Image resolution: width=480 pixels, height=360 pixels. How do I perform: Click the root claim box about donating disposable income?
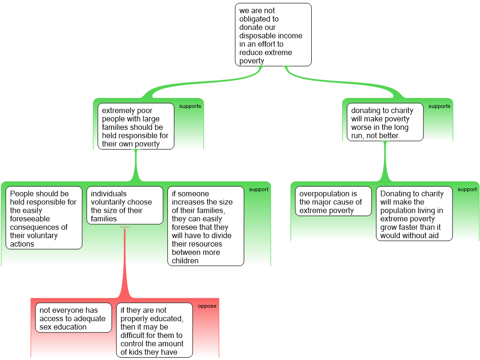pyautogui.click(x=273, y=35)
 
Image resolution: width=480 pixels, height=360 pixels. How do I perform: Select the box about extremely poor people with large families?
pyautogui.click(x=135, y=127)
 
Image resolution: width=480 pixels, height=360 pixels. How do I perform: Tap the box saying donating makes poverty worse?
pyautogui.click(x=385, y=122)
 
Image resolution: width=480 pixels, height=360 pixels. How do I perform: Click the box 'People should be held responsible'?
pyautogui.click(x=44, y=218)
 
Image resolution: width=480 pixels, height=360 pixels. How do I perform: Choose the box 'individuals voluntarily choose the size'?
pyautogui.click(x=125, y=206)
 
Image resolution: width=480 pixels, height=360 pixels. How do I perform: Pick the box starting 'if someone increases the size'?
pyautogui.click(x=206, y=226)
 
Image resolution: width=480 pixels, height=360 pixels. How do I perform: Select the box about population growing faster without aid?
pyautogui.click(x=414, y=214)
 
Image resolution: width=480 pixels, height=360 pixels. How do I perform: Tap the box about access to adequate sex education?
pyautogui.click(x=74, y=318)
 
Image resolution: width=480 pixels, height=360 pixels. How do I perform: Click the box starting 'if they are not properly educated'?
pyautogui.click(x=154, y=330)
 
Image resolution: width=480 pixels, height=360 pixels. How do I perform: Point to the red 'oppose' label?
pyautogui.click(x=207, y=306)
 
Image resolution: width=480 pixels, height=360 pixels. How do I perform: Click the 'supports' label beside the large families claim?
pyautogui.click(x=190, y=106)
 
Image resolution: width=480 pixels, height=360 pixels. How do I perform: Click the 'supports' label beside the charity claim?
pyautogui.click(x=439, y=106)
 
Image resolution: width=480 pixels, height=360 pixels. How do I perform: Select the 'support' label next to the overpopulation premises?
pyautogui.click(x=467, y=189)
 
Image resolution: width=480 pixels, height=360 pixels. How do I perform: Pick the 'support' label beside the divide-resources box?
pyautogui.click(x=259, y=189)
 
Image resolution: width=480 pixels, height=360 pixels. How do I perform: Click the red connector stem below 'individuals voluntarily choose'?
pyautogui.click(x=125, y=262)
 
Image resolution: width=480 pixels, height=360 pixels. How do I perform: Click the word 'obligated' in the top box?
pyautogui.click(x=259, y=19)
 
